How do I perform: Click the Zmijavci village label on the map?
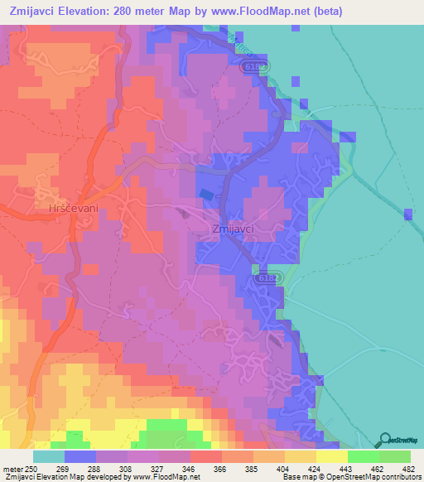tap(233, 229)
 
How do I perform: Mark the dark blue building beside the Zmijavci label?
tap(205, 194)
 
